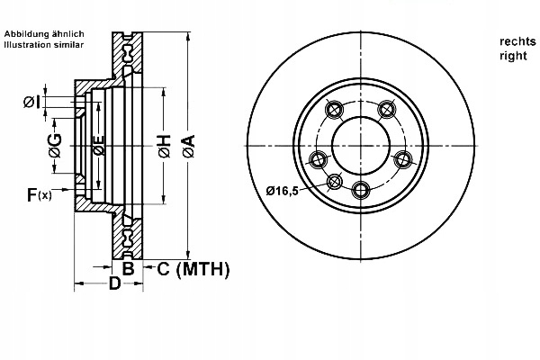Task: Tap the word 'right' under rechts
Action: click(x=513, y=55)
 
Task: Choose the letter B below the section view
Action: click(x=128, y=268)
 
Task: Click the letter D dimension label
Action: click(x=113, y=285)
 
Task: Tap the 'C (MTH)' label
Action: click(x=193, y=268)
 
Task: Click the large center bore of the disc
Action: click(x=359, y=144)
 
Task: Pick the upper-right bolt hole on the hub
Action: click(x=387, y=110)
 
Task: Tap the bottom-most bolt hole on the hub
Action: click(x=361, y=189)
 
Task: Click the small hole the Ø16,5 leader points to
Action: click(x=334, y=181)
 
